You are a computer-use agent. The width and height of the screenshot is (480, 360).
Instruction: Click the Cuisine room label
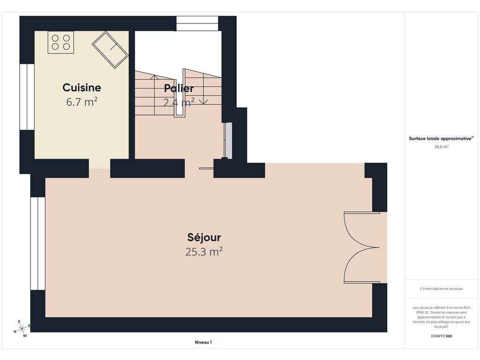click(82, 88)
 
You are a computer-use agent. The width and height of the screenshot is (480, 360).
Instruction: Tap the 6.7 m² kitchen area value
click(82, 102)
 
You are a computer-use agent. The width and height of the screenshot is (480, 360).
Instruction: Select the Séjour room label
click(204, 238)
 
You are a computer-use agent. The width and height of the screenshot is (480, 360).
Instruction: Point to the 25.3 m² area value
click(204, 252)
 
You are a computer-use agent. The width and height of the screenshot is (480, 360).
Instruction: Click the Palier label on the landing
click(179, 89)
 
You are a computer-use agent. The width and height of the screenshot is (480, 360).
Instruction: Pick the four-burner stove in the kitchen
click(60, 42)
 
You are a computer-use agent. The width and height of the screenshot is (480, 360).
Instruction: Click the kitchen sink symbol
click(110, 50)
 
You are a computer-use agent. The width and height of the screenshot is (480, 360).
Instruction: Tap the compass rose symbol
click(22, 329)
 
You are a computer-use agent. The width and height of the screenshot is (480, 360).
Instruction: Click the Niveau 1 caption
click(203, 342)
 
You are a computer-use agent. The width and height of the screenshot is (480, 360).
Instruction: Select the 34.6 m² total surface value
click(441, 147)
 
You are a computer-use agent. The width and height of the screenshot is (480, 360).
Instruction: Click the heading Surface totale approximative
click(440, 139)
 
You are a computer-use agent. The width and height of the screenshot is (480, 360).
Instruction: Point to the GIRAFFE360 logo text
click(441, 336)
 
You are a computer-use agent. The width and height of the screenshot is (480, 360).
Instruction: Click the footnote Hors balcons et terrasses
click(441, 289)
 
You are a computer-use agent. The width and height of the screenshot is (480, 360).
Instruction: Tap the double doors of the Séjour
click(362, 247)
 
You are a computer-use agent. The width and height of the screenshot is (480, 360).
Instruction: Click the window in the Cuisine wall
click(27, 97)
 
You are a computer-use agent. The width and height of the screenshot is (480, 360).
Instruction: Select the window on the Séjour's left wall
click(38, 243)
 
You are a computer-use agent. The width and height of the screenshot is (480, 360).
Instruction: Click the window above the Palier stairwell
click(197, 23)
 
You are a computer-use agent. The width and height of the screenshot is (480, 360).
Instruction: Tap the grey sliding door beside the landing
click(228, 141)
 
